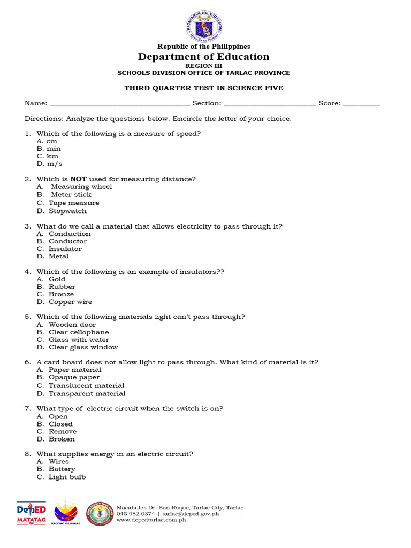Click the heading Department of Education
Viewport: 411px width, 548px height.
204,57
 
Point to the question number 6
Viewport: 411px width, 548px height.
27,362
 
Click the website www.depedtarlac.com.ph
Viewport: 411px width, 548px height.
151,520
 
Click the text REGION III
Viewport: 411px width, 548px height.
203,65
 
